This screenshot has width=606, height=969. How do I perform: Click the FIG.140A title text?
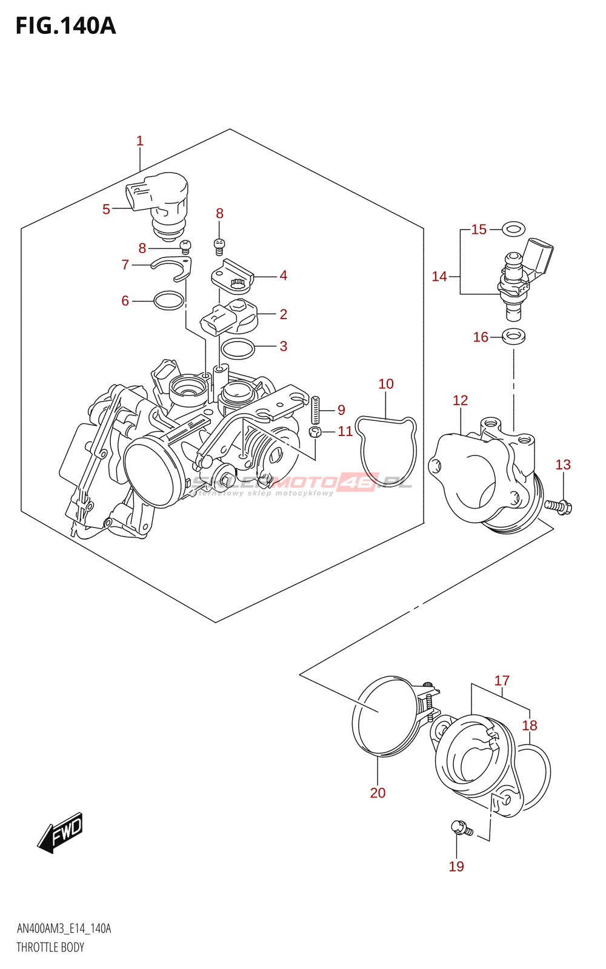(x=65, y=26)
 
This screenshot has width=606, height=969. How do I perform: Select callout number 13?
(x=563, y=465)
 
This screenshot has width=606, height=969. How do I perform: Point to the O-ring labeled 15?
(x=514, y=230)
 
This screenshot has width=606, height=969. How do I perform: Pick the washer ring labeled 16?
(x=514, y=335)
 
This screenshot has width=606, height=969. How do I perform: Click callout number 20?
(x=378, y=793)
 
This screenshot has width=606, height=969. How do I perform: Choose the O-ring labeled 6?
(x=168, y=300)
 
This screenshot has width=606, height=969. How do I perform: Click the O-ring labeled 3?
(x=237, y=349)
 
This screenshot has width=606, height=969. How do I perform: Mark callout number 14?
(x=439, y=277)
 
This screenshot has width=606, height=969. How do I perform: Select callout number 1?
(x=140, y=141)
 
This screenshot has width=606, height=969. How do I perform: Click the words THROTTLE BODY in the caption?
(x=50, y=947)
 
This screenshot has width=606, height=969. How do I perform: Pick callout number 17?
(x=502, y=681)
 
